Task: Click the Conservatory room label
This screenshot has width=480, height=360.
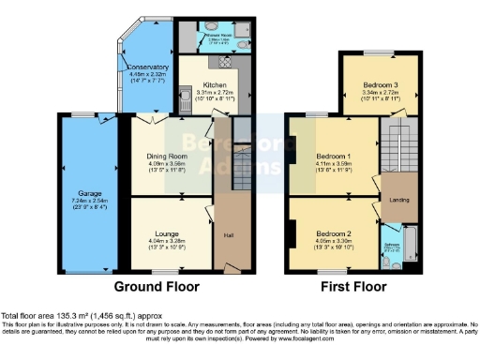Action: pos(147,67)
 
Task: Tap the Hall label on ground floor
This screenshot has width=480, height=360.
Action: pos(228,234)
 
